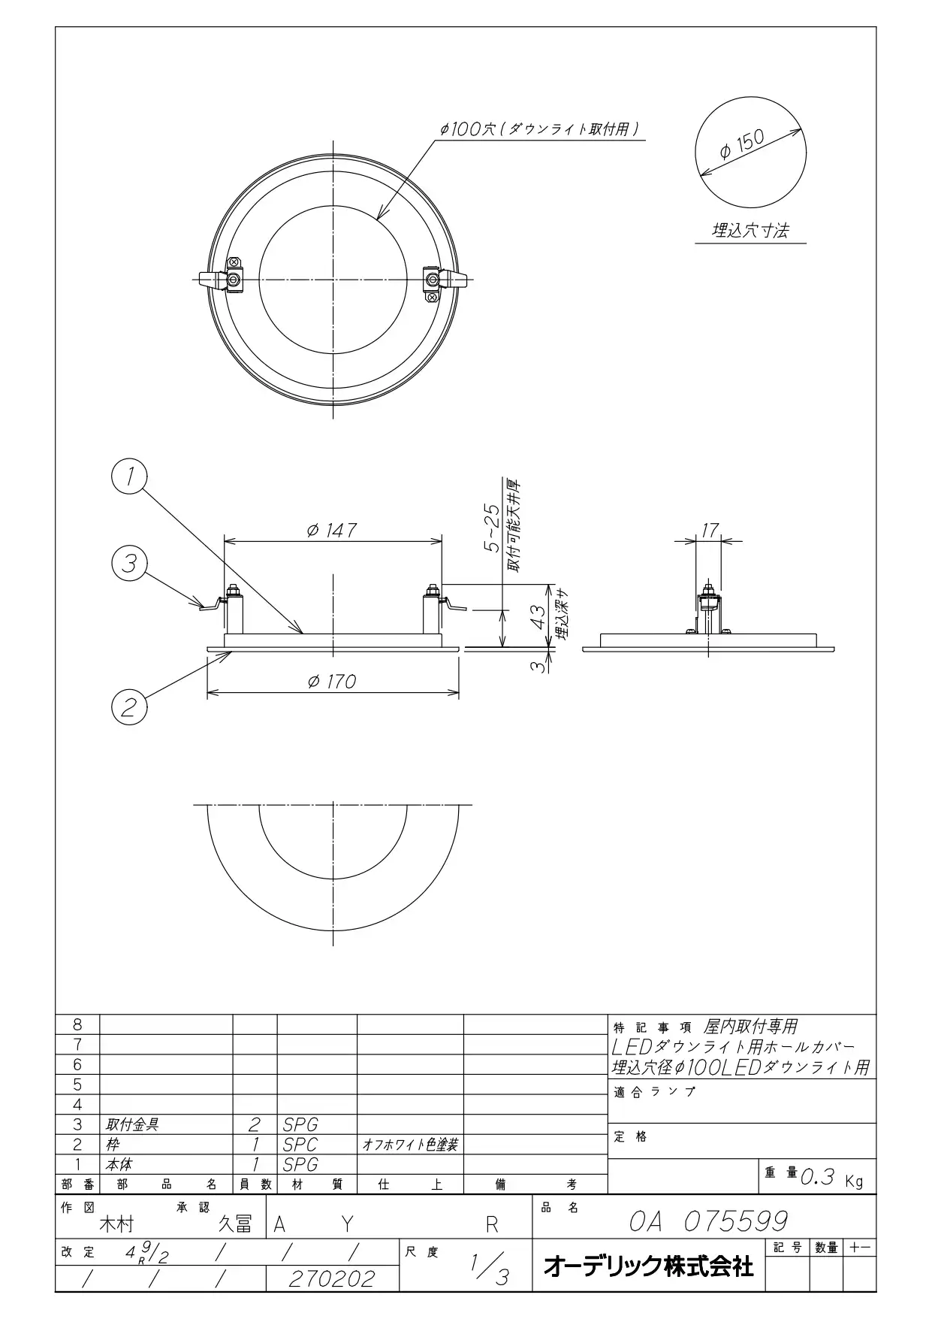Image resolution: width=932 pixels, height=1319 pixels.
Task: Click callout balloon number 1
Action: click(129, 476)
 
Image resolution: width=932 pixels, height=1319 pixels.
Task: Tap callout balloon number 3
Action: click(129, 563)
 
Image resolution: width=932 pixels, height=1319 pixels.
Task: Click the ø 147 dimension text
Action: click(332, 530)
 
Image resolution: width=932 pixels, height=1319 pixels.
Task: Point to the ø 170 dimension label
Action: click(332, 681)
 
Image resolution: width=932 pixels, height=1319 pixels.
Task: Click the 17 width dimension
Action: click(709, 531)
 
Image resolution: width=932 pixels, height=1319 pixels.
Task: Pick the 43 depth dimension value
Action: click(538, 616)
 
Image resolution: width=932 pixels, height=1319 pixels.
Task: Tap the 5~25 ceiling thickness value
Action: click(492, 529)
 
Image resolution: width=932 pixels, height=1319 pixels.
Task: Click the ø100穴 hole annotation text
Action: click(540, 129)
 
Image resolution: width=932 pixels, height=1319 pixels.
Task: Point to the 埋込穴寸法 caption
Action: click(750, 230)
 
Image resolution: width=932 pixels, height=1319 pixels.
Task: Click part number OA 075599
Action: click(708, 1221)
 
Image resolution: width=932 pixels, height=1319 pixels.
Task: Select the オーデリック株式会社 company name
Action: click(648, 1266)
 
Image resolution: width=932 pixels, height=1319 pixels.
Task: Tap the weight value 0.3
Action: click(818, 1177)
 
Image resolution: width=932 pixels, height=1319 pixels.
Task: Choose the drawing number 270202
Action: click(331, 1278)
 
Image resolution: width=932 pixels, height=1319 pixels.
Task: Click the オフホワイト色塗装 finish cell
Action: click(410, 1144)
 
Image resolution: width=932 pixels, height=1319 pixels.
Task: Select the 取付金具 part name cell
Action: click(133, 1124)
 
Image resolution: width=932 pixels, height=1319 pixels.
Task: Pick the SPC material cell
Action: click(300, 1144)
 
